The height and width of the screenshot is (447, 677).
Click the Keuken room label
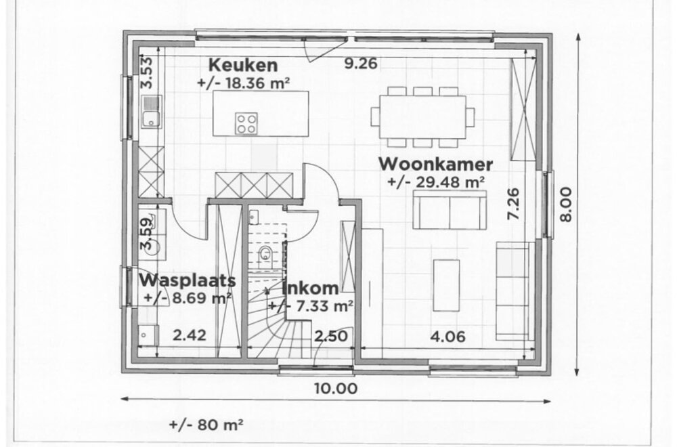[x=243, y=66]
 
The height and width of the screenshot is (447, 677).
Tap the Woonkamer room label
[x=435, y=164]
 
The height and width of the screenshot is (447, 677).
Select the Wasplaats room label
[x=188, y=280]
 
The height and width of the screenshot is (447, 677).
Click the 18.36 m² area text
[x=244, y=83]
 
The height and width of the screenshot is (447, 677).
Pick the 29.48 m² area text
[x=437, y=182]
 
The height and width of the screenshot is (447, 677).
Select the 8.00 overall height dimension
[x=567, y=203]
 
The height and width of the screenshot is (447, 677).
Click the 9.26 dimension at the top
[x=360, y=65]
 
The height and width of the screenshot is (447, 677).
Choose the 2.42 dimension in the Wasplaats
[x=189, y=335]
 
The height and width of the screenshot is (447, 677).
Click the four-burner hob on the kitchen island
[x=246, y=123]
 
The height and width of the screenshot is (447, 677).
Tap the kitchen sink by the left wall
[x=150, y=112]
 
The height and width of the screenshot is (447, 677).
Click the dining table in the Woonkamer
[x=422, y=116]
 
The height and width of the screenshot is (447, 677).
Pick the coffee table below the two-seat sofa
[x=446, y=284]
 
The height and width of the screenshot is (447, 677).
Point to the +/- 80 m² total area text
[x=206, y=425]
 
